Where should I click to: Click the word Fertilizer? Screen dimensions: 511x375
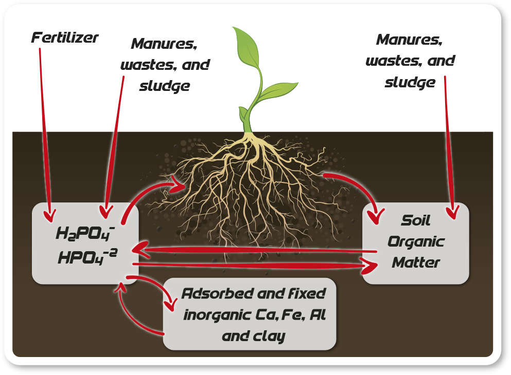click(65, 38)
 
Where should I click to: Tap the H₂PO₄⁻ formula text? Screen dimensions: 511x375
click(85, 233)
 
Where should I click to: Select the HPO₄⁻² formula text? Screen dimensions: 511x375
click(87, 257)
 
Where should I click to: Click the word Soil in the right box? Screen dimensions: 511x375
click(415, 220)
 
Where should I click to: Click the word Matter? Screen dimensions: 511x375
click(416, 262)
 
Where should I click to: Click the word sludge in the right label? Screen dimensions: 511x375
click(410, 83)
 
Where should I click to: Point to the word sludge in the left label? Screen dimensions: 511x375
click(165, 86)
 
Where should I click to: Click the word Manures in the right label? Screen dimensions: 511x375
click(409, 40)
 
